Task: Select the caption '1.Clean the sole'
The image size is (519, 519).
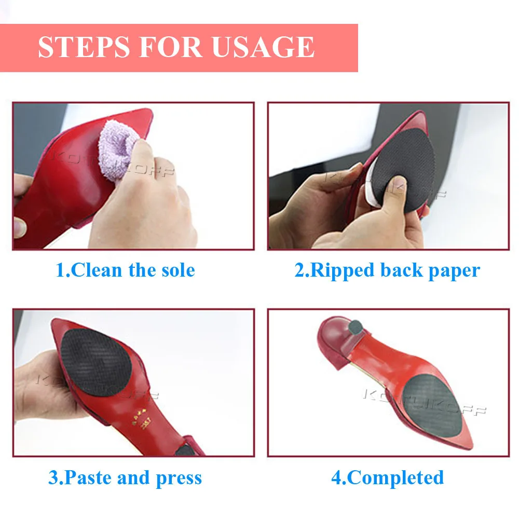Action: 125,270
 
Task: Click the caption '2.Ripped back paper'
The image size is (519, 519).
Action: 387,270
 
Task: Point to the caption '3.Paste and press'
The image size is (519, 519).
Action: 125,477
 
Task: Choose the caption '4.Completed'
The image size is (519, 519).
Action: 387,477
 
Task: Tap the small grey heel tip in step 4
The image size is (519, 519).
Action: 356,327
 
